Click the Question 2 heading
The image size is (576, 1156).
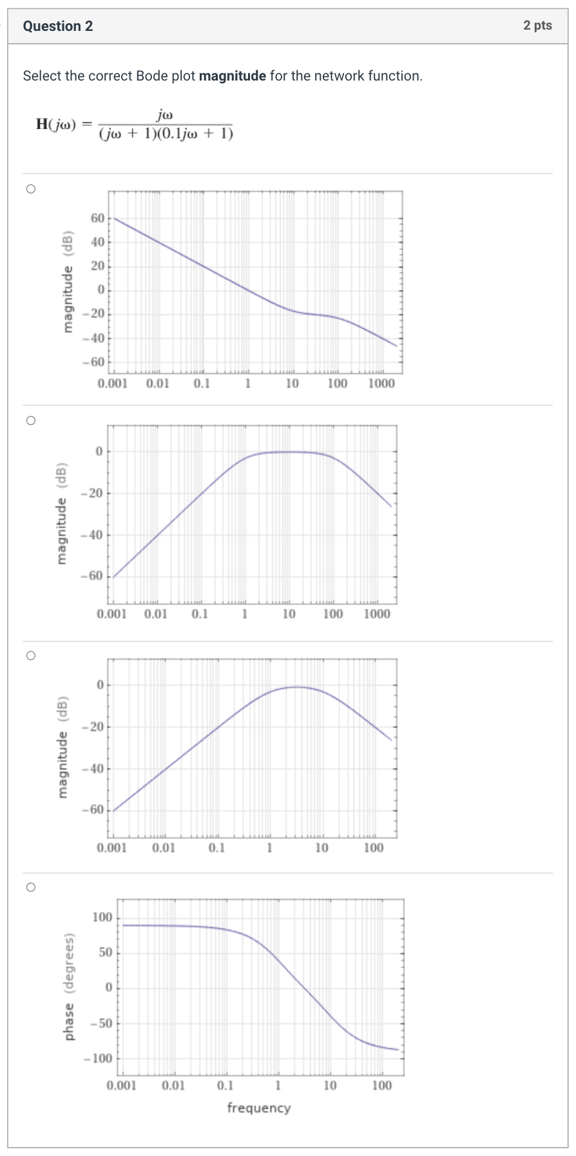[57, 26]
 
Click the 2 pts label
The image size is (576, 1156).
[537, 25]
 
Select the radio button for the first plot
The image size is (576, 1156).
[30, 189]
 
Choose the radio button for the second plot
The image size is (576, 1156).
[30, 421]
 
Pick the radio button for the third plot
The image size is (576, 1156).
[30, 655]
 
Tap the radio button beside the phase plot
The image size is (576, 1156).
[30, 887]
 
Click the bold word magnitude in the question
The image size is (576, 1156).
[232, 76]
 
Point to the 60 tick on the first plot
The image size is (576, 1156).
[97, 218]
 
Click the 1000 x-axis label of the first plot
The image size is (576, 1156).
[381, 384]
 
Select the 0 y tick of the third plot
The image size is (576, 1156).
[100, 684]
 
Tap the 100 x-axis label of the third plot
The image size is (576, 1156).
[373, 848]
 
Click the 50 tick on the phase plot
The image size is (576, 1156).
[105, 952]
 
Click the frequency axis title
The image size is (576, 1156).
[258, 1108]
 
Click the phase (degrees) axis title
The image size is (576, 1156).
[69, 986]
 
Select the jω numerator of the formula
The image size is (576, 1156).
[165, 115]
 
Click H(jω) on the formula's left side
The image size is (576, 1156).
[55, 124]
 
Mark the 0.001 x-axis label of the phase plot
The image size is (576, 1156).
[121, 1086]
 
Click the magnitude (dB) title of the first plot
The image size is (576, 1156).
[68, 282]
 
